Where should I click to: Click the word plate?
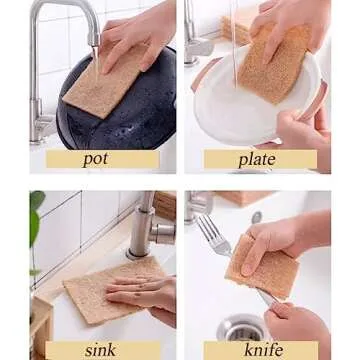click(x=257, y=159)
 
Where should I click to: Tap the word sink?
click(x=101, y=350)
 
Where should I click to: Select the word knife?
click(x=263, y=350)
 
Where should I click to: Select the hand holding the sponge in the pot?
click(x=140, y=35)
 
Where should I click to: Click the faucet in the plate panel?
click(x=196, y=40)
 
